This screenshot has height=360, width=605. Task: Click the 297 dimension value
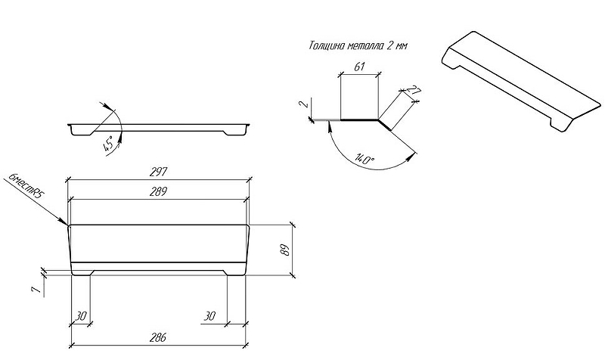pyautogui.click(x=158, y=172)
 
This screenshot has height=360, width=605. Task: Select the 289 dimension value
pyautogui.click(x=158, y=191)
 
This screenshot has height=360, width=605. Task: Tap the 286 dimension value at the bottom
pyautogui.click(x=158, y=337)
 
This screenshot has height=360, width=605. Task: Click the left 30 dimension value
pyautogui.click(x=81, y=316)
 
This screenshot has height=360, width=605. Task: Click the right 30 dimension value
pyautogui.click(x=209, y=316)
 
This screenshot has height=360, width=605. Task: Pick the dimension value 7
pyautogui.click(x=36, y=290)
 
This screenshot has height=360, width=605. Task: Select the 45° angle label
pyautogui.click(x=109, y=144)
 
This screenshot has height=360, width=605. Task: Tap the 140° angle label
pyautogui.click(x=365, y=158)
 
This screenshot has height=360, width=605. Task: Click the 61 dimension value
pyautogui.click(x=359, y=67)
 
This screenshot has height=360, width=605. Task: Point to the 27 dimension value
pyautogui.click(x=414, y=92)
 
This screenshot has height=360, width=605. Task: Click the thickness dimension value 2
pyautogui.click(x=303, y=104)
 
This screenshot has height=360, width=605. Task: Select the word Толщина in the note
pyautogui.click(x=327, y=45)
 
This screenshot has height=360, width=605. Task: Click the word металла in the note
pyautogui.click(x=366, y=46)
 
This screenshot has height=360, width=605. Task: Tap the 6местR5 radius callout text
pyautogui.click(x=26, y=185)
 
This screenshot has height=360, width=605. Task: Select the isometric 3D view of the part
pyautogui.click(x=522, y=82)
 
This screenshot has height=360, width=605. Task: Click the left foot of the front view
pyautogui.click(x=82, y=272)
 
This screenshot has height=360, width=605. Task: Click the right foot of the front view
pyautogui.click(x=234, y=272)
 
